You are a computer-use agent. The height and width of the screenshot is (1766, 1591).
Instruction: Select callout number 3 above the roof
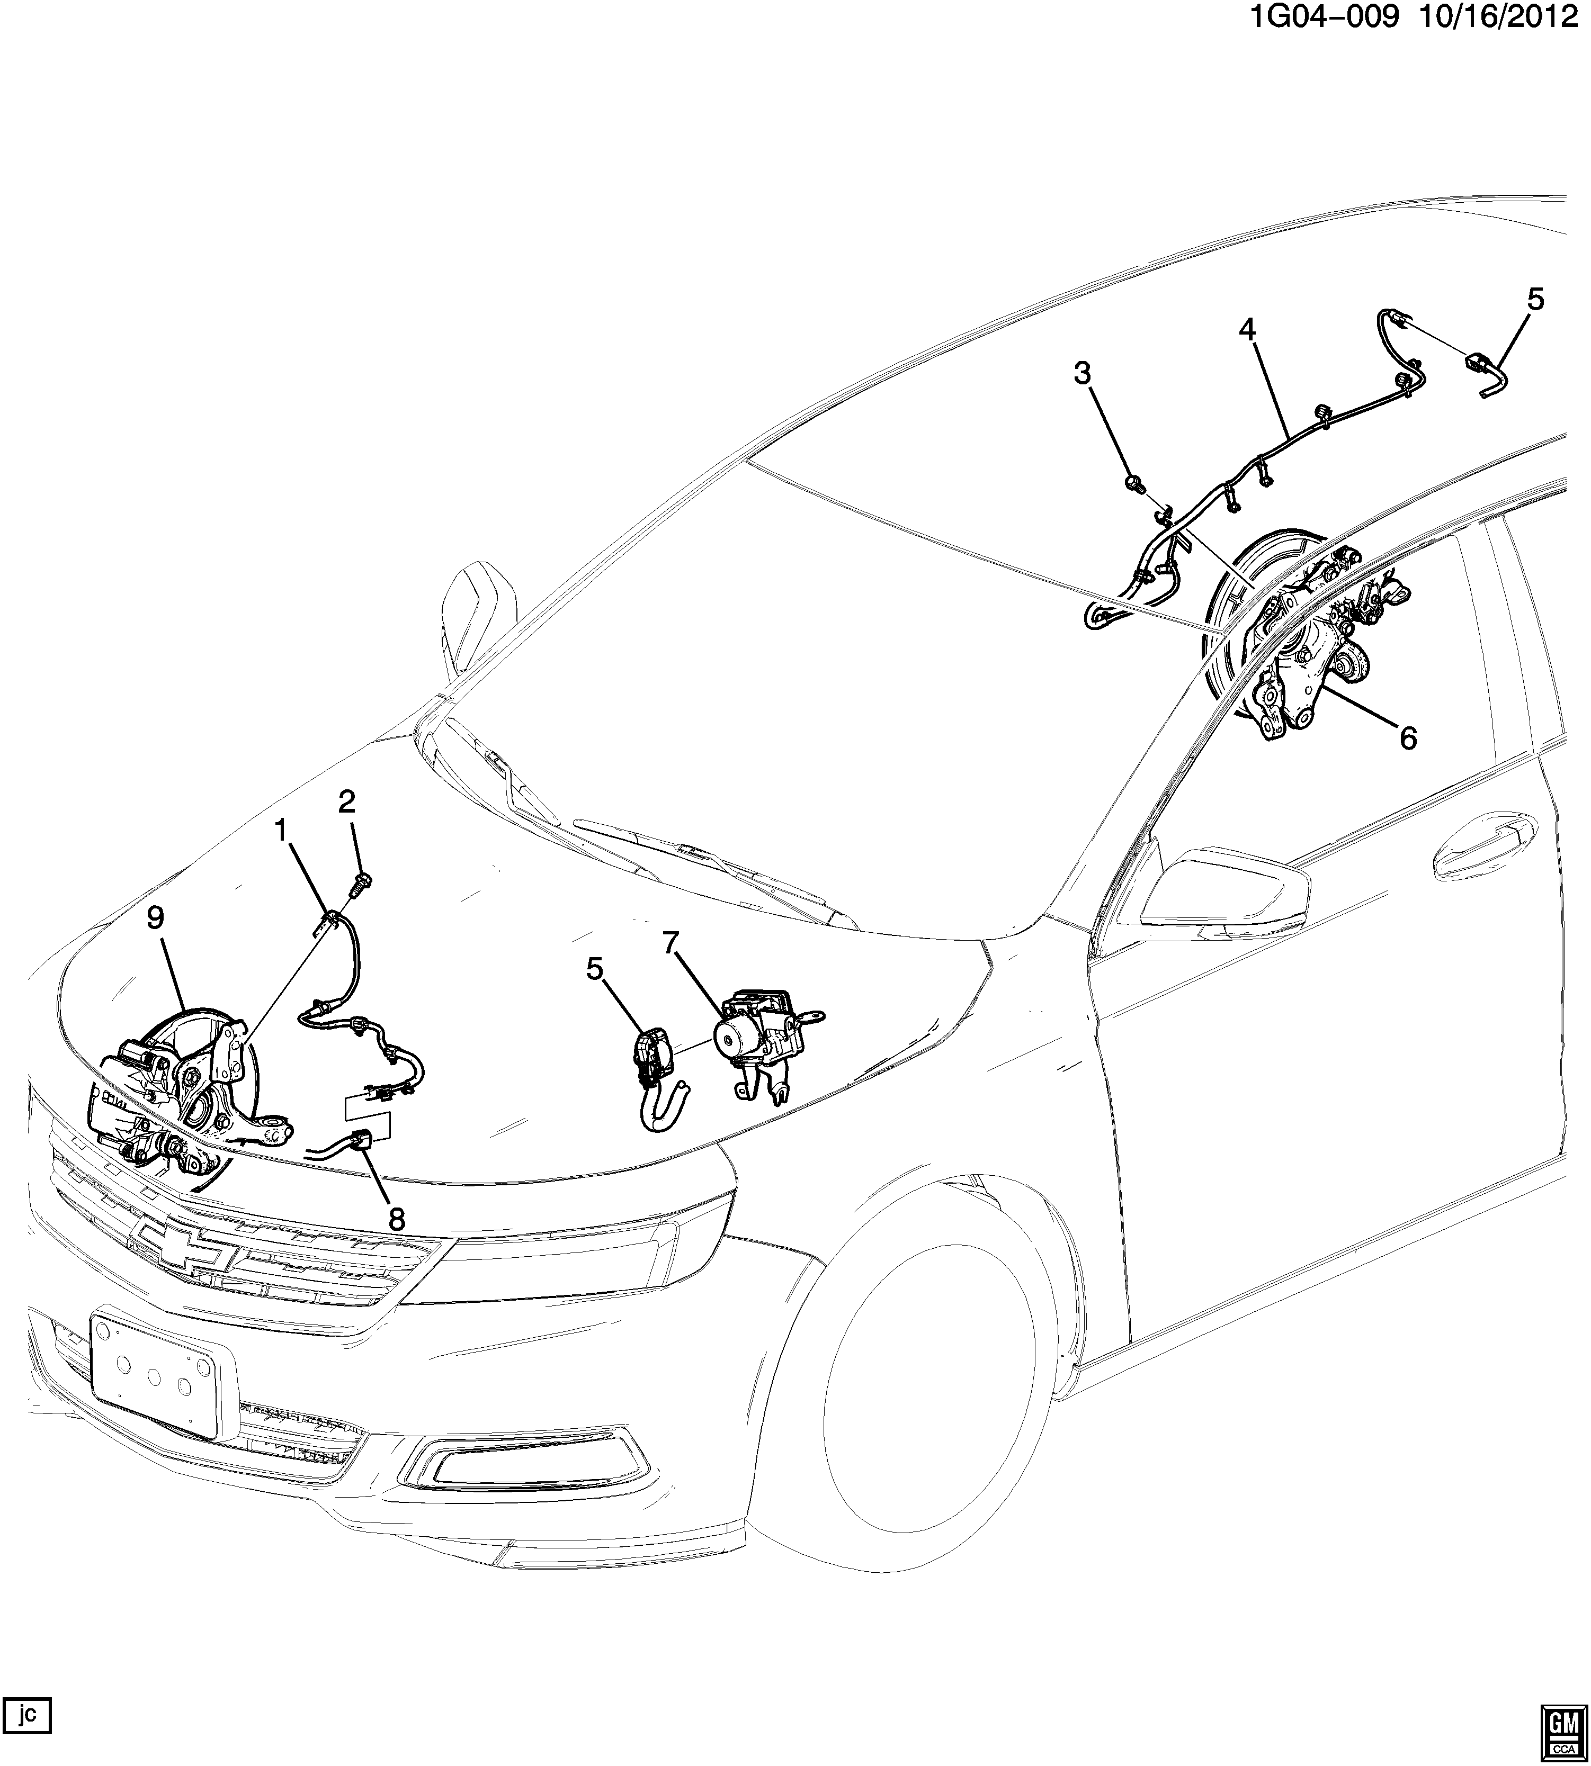(x=1082, y=374)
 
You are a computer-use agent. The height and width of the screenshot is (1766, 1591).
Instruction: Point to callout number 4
(x=1247, y=330)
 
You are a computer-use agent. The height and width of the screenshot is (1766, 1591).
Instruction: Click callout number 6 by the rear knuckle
(x=1407, y=738)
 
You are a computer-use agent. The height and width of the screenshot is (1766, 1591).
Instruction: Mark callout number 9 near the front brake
(x=155, y=917)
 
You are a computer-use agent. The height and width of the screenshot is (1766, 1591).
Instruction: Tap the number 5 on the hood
(x=594, y=969)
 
